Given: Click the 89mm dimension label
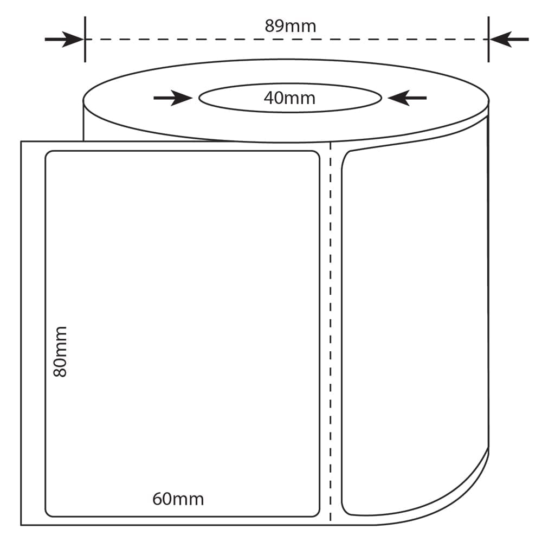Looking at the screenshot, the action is [x=291, y=26].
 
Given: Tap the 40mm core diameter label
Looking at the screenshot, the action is [x=289, y=98].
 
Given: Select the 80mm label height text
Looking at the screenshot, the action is [x=60, y=351].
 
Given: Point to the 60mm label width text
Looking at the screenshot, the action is [x=178, y=499].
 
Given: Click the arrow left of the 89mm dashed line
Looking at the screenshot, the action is [x=64, y=39].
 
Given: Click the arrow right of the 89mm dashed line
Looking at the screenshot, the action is [x=509, y=39].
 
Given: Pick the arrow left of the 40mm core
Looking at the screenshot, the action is [x=173, y=98].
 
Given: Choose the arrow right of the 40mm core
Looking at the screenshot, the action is [x=407, y=98].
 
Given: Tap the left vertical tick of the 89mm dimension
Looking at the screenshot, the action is [x=85, y=39].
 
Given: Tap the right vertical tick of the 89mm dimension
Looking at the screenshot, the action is [x=488, y=39].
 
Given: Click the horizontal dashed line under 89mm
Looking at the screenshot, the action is [x=287, y=40].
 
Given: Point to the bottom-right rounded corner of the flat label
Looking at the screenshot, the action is [x=317, y=514].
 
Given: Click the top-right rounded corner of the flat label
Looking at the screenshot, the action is [x=317, y=153].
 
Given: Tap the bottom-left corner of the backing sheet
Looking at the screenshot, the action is [x=21, y=525].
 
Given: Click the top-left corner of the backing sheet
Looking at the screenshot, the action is [x=21, y=141].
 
